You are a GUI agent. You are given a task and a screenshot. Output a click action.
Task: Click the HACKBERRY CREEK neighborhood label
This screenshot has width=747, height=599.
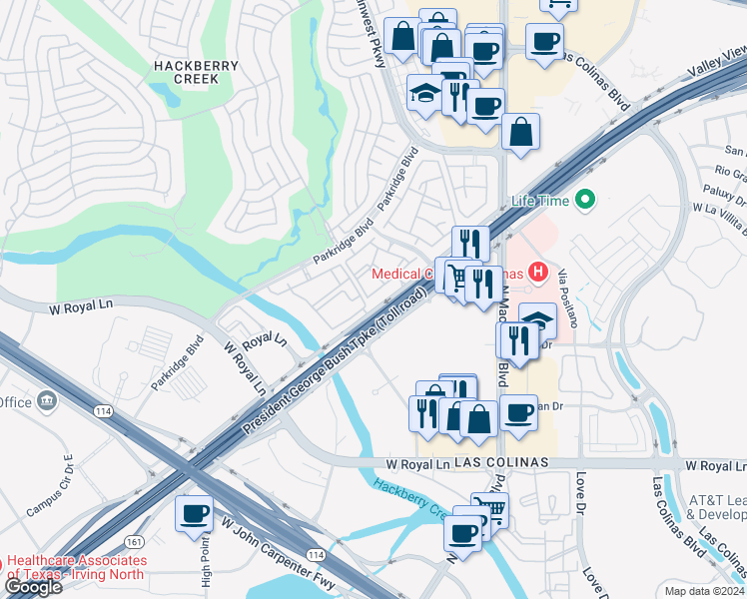(x=196, y=73)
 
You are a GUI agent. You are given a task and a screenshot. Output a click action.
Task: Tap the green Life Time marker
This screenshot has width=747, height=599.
(x=584, y=201)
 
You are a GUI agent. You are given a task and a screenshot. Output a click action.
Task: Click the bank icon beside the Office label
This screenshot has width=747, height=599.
(x=47, y=401)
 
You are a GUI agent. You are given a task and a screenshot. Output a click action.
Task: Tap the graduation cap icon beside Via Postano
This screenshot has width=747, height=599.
(x=537, y=320)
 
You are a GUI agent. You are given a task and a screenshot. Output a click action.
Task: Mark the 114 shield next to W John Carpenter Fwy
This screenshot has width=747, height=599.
(x=316, y=554)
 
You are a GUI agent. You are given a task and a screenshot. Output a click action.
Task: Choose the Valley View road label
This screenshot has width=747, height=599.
(x=718, y=63)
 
